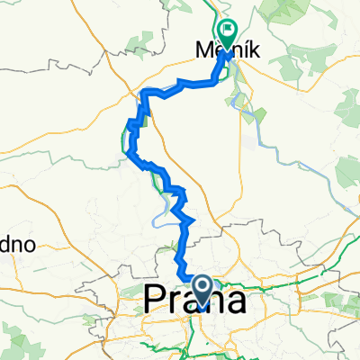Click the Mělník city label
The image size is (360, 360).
click(x=229, y=53)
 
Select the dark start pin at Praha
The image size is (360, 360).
click(x=203, y=288)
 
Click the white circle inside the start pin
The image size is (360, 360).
click(x=203, y=285)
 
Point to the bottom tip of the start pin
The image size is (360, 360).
click(x=203, y=303)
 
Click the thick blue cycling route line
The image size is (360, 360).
click(x=187, y=243)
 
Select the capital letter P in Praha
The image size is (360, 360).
click(x=156, y=298)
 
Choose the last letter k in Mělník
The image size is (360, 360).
click(x=256, y=53)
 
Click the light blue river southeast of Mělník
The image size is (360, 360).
click(x=270, y=144)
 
